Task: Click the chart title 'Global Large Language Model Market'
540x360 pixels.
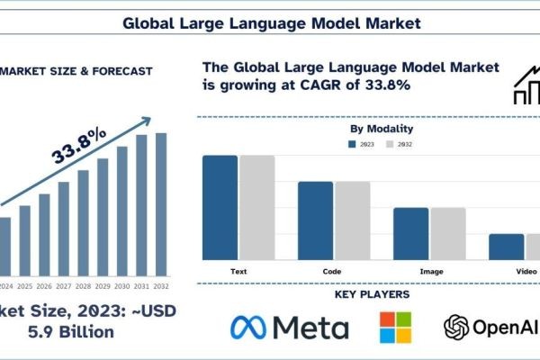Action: tap(270, 20)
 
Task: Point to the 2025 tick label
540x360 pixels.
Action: tap(24, 286)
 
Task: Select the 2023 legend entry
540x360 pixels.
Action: tap(362, 143)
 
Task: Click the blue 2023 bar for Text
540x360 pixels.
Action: tap(220, 208)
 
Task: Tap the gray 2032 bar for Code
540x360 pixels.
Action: tap(352, 220)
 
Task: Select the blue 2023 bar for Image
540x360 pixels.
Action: tap(410, 234)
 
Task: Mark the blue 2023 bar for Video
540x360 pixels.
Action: tap(506, 247)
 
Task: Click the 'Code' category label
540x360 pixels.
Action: tap(331, 270)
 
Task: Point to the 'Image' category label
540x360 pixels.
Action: tap(430, 270)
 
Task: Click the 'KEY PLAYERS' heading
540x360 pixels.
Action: tap(372, 294)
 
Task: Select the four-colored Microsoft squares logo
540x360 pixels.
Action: tap(395, 328)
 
